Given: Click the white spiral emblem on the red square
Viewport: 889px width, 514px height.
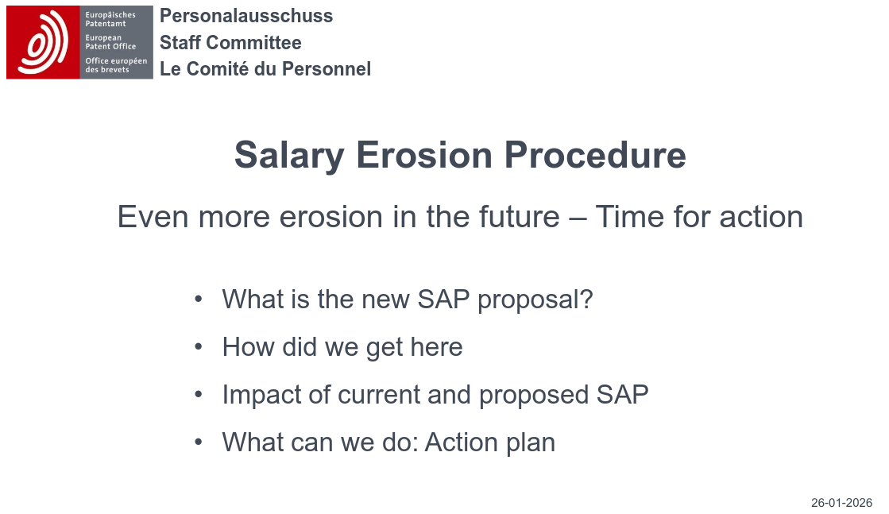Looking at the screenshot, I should [x=43, y=43].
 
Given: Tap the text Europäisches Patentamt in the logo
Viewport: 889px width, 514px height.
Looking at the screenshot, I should [x=110, y=19].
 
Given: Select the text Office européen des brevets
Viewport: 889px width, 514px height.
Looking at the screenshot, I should [x=116, y=65].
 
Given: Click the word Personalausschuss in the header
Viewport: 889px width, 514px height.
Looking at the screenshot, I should [x=246, y=16].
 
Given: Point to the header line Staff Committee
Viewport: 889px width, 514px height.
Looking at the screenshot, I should [x=230, y=43].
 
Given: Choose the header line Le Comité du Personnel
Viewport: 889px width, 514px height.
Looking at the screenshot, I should [x=265, y=69].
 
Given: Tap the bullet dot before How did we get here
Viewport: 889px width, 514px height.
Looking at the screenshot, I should [x=199, y=347].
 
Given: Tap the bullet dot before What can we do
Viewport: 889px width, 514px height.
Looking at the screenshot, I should [x=199, y=442].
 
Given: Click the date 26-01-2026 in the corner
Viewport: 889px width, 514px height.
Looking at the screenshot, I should [x=841, y=503].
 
